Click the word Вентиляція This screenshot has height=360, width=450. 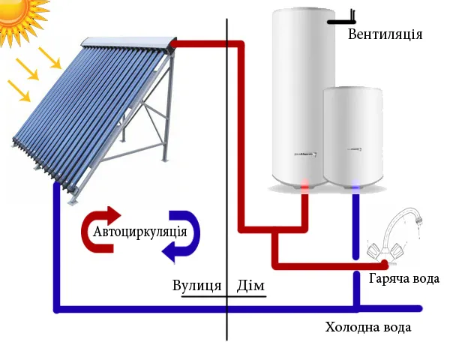pos(385,34)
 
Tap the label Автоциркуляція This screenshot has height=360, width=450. pos(140,232)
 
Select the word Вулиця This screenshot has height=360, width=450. pos(196,286)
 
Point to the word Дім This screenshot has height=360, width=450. pos(250,286)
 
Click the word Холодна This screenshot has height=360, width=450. pos(353,327)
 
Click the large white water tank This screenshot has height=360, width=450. pos(303,97)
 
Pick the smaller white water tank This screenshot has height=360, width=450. pos(353,137)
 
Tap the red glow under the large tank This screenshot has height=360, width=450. pos(304,186)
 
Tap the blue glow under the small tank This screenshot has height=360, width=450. pos(355,186)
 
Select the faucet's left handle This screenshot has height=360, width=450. pos(375,250)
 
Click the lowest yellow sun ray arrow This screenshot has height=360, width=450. pos(19,91)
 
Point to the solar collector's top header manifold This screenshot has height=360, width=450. pos(128,42)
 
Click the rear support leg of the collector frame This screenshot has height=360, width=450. pos(169,106)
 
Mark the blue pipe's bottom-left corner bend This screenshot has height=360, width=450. pos(57,309)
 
